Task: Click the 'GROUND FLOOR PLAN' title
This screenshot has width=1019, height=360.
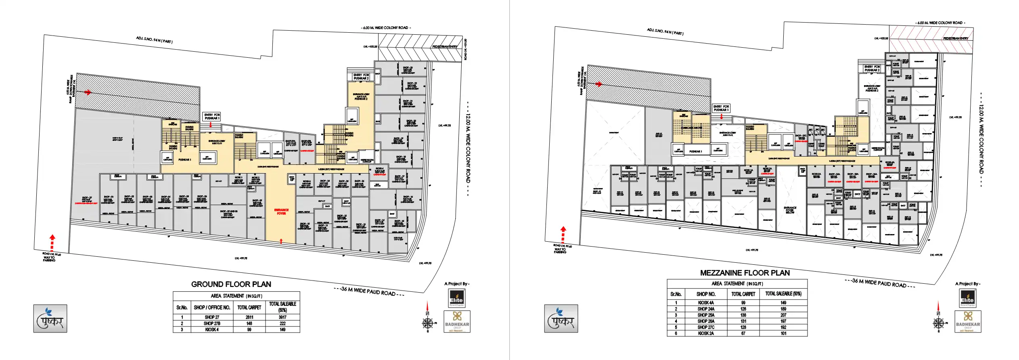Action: point(231,284)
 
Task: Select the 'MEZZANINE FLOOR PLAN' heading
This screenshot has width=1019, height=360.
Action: point(745,273)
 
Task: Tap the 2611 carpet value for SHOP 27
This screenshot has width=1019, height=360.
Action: point(249,317)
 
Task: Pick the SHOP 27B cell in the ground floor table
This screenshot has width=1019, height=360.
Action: point(212,323)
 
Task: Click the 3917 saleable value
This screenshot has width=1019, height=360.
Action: point(282,317)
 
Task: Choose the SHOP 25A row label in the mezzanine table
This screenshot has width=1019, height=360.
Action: point(706,315)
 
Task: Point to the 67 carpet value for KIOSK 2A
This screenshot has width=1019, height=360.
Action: point(743,333)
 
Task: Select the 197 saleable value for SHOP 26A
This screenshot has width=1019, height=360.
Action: point(783,321)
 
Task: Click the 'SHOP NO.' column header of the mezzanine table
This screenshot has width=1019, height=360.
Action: point(706,294)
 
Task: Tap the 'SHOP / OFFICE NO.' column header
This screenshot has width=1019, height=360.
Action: point(212,308)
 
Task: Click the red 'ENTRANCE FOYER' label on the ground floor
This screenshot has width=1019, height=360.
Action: point(281,211)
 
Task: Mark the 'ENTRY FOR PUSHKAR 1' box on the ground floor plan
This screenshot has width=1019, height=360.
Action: point(212,117)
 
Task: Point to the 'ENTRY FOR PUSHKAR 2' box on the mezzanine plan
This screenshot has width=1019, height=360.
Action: point(872,68)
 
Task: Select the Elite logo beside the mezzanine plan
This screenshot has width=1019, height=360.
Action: point(967,298)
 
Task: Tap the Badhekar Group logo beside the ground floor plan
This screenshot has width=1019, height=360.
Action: point(457,321)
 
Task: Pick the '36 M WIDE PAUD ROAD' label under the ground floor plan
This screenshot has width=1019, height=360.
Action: point(368,291)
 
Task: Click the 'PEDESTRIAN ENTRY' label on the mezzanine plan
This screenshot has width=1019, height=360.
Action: point(955,38)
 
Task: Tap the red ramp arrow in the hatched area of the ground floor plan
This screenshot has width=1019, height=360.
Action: point(87,92)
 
